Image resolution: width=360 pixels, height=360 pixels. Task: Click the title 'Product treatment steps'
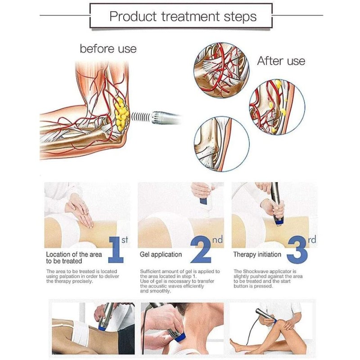coord(183,17)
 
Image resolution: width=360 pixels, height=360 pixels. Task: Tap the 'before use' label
coord(108,49)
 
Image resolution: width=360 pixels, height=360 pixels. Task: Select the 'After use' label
coord(281,61)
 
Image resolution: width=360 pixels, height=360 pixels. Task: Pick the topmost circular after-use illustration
coord(221,70)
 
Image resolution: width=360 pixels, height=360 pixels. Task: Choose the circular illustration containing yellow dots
coord(277,107)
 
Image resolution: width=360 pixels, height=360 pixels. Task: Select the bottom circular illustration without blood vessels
coord(222,144)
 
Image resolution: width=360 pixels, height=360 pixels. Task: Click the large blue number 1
coord(117,250)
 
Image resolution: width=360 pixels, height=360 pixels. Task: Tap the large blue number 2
coord(201,250)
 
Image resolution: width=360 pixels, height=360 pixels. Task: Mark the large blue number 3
coord(297,250)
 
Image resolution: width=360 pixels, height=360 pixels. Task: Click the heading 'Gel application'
coord(161,254)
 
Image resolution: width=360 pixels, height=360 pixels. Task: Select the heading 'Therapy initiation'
coord(257,254)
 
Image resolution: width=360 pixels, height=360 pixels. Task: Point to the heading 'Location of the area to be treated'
coord(74,257)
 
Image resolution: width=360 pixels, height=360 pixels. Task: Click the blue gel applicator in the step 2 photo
coord(203,201)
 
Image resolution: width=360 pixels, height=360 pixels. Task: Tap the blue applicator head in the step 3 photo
coord(278,222)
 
